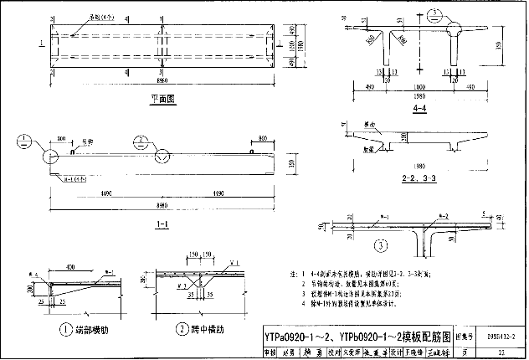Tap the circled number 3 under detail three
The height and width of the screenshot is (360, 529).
[380, 245]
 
